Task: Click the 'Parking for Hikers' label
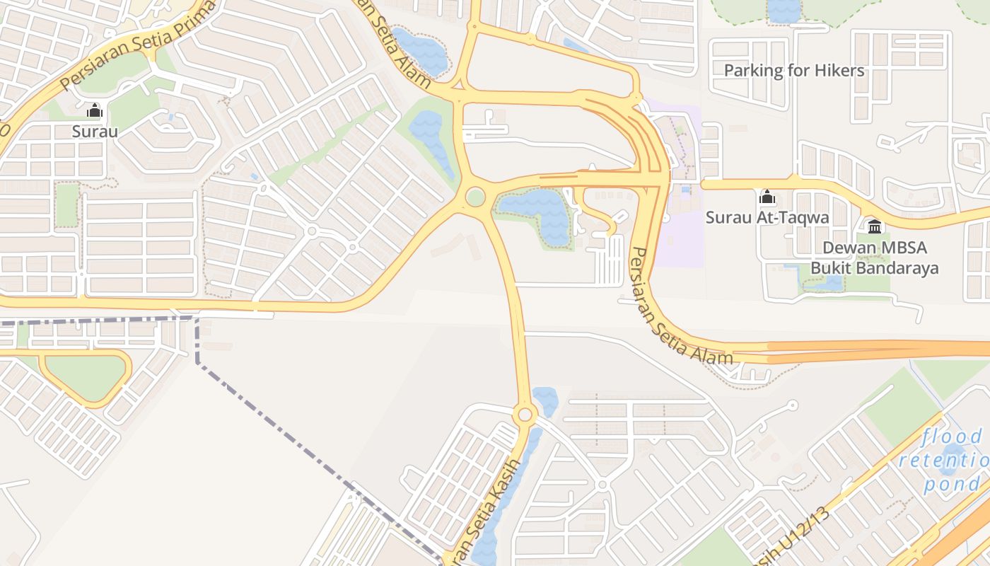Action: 794,70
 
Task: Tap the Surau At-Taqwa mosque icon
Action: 767,197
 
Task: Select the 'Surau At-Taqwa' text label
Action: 767,217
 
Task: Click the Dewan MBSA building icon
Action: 875,226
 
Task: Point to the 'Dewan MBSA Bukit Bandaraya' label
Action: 875,258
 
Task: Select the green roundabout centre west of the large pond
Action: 475,197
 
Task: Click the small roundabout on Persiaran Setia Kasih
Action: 524,414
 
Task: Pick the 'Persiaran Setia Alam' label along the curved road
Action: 679,308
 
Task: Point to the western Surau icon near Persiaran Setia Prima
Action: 94,110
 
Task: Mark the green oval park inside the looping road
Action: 85,377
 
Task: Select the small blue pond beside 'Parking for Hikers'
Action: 784,10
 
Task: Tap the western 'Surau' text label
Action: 94,131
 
